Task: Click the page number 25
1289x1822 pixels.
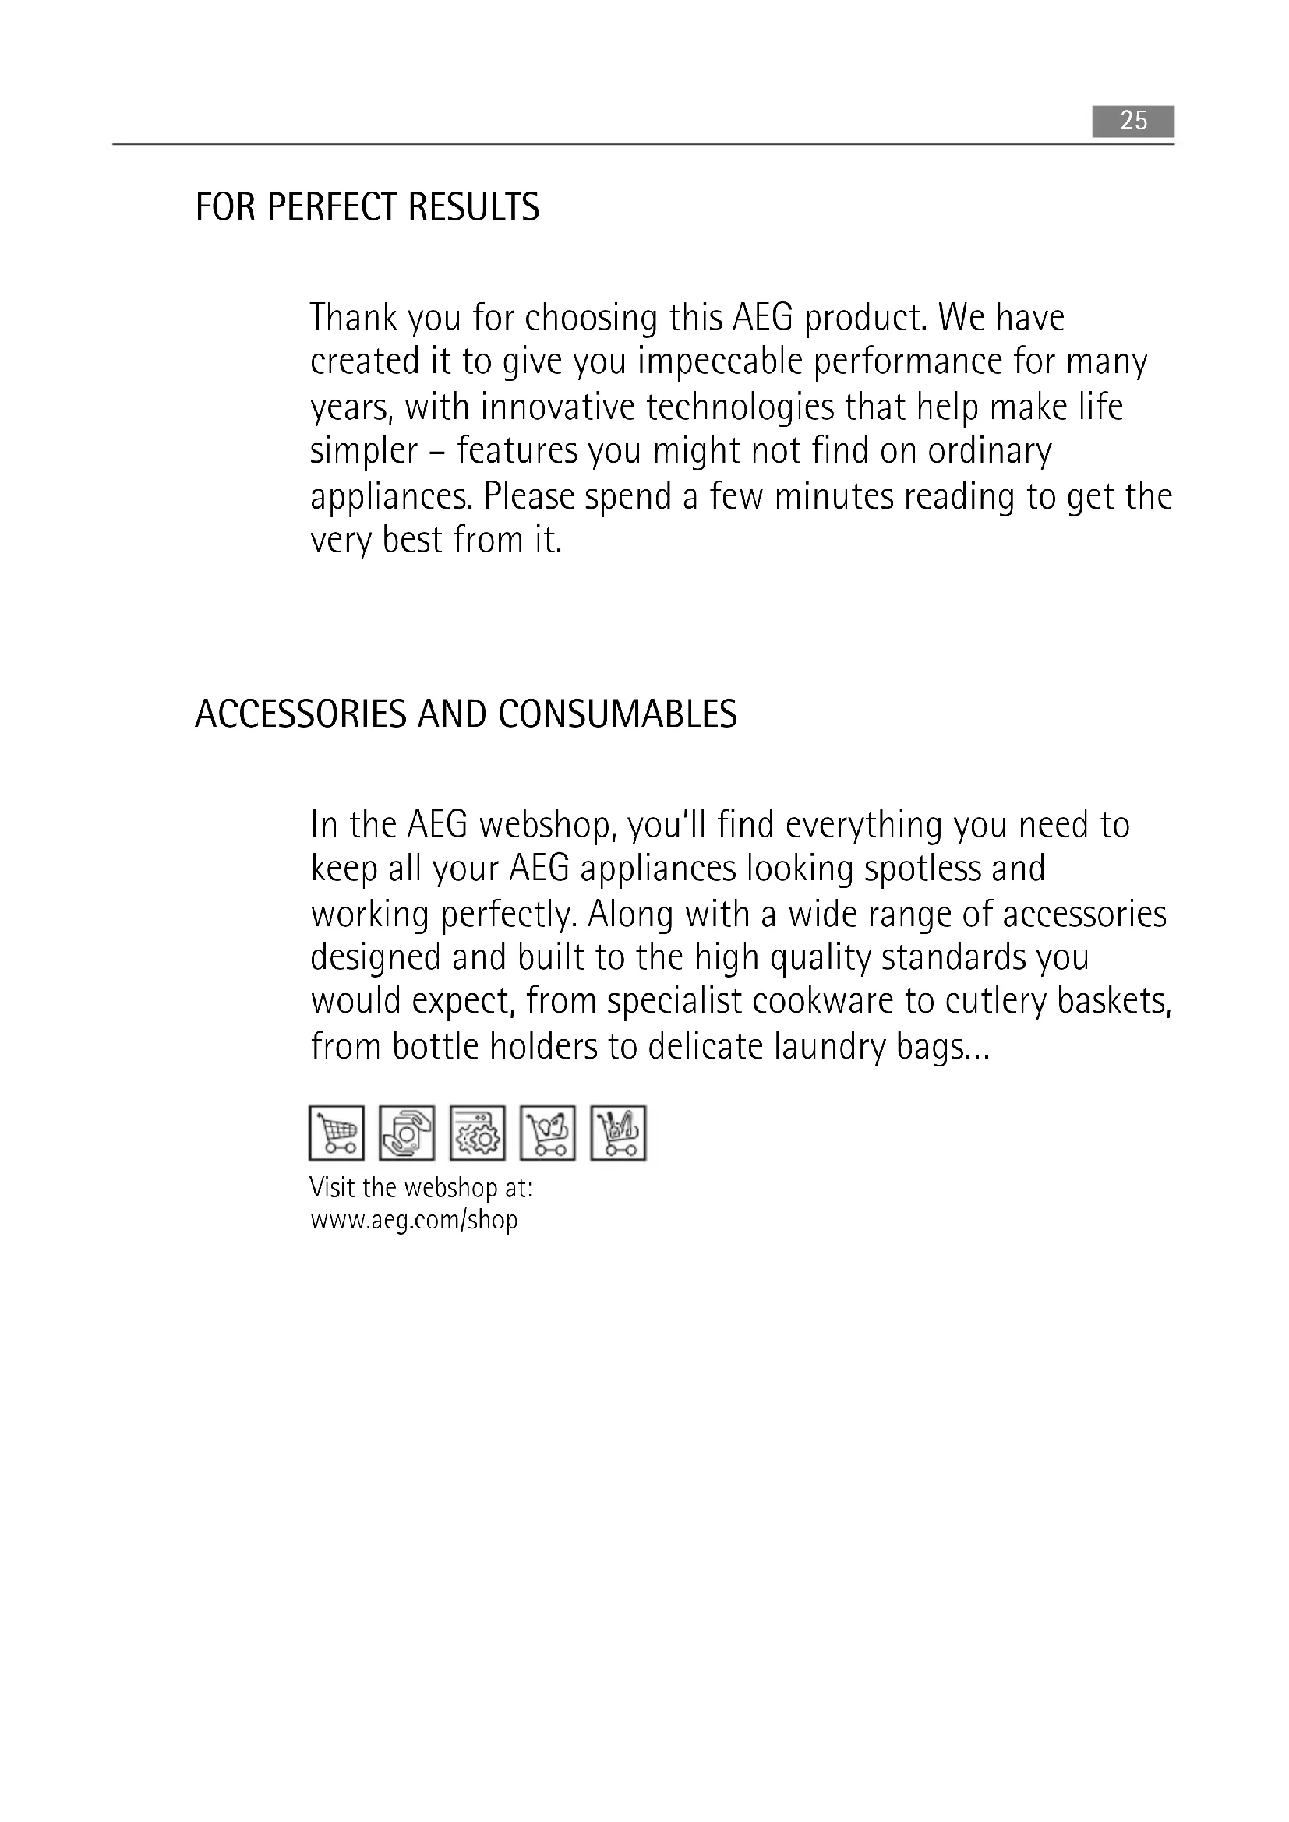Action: point(1132,121)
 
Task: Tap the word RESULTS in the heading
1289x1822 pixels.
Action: point(474,207)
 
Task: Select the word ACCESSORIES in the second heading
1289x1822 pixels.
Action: point(301,714)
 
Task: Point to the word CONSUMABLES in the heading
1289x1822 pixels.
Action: point(617,714)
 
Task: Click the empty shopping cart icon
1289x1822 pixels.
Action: point(337,1133)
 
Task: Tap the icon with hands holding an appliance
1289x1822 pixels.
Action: point(407,1133)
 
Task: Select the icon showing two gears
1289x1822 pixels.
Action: point(477,1133)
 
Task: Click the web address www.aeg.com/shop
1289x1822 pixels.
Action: point(414,1220)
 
